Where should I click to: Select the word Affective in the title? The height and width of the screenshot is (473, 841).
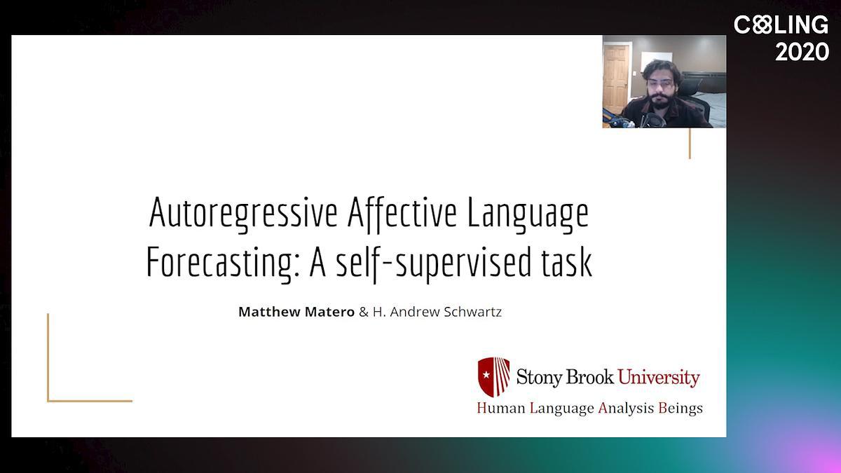click(402, 214)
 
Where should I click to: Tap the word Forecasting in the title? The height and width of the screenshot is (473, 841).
click(222, 263)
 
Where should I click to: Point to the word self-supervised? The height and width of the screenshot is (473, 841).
click(434, 263)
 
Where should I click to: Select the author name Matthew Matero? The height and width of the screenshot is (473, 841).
click(296, 312)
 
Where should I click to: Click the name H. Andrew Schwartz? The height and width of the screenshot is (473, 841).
click(437, 312)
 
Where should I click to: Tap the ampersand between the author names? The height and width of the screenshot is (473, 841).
click(364, 312)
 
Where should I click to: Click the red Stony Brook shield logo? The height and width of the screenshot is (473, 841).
click(493, 377)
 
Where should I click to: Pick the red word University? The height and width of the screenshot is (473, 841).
click(659, 377)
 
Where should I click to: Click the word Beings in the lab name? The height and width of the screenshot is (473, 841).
click(681, 409)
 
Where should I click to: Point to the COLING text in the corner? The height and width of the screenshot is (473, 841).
click(781, 25)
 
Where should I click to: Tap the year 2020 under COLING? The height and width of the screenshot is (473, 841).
click(802, 52)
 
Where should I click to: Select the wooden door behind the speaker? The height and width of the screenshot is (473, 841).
click(616, 78)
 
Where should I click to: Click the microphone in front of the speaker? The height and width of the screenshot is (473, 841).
click(655, 120)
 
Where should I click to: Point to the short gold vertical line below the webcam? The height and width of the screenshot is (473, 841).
click(690, 144)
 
